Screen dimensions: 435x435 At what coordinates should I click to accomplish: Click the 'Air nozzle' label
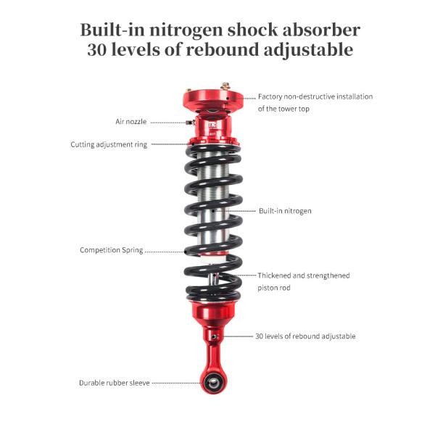click(130, 122)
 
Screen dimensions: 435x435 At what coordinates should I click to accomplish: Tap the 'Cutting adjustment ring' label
click(109, 144)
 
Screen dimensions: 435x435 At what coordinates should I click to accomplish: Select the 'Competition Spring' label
click(111, 250)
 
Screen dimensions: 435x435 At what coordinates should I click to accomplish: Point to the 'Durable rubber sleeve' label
click(114, 382)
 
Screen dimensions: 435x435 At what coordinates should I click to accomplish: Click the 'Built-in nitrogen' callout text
click(285, 211)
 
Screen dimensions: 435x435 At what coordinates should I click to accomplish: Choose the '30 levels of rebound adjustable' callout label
click(305, 336)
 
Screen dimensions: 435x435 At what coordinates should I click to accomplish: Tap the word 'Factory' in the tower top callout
click(270, 96)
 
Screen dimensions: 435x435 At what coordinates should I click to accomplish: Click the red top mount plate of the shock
click(210, 98)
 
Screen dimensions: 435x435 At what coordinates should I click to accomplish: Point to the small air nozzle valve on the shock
click(190, 123)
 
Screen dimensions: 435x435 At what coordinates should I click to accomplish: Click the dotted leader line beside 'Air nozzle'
click(167, 123)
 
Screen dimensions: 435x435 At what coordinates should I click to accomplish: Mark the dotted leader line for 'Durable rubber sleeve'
click(176, 383)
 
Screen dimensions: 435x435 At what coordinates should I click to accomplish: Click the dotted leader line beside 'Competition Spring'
click(165, 251)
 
